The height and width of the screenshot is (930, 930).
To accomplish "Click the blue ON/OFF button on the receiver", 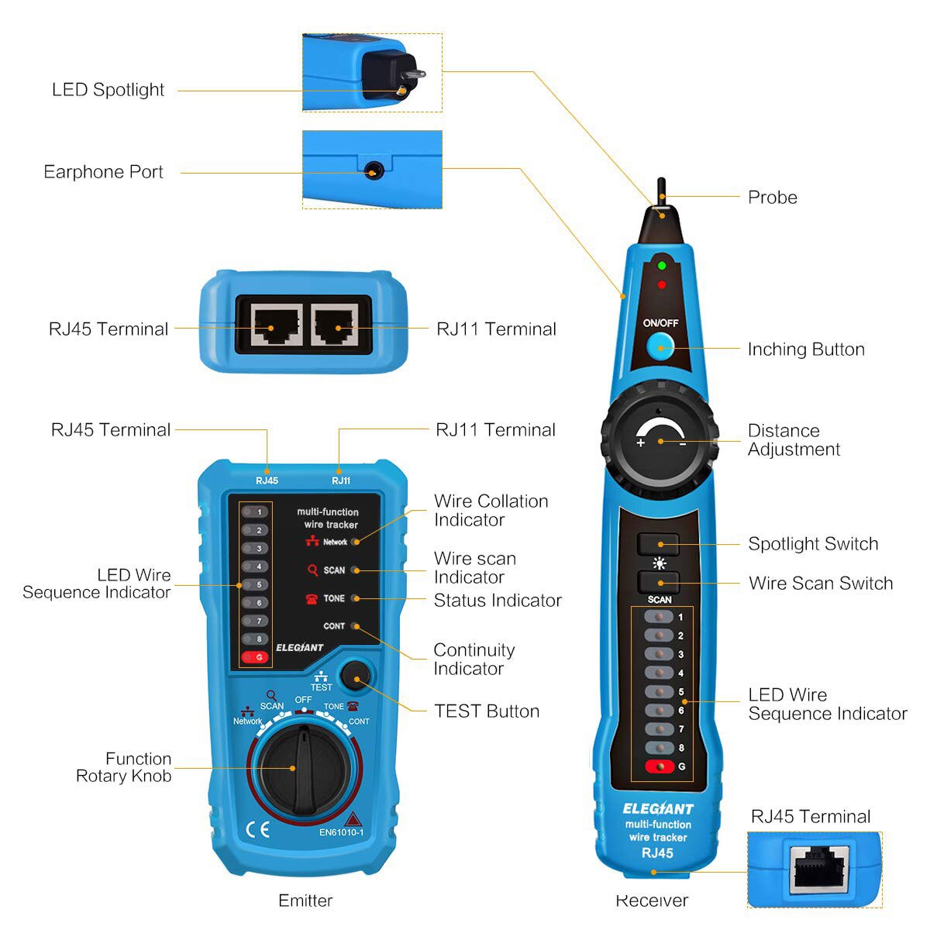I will pyautogui.click(x=660, y=348).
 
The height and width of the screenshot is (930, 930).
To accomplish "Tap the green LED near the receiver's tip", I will pyautogui.click(x=661, y=266).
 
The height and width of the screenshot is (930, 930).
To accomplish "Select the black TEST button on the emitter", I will pyautogui.click(x=356, y=680).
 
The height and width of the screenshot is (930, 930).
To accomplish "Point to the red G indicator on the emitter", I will pyautogui.click(x=256, y=657).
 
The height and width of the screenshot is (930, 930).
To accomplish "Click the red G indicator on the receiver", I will pyautogui.click(x=660, y=766).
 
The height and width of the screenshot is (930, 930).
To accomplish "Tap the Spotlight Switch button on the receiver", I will pyautogui.click(x=658, y=544).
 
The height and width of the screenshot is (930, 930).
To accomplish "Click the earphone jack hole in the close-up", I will pyautogui.click(x=374, y=170).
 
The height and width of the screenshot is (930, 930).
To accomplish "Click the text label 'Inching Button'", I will pyautogui.click(x=806, y=350).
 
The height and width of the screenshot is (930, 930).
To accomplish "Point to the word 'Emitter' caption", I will pyautogui.click(x=305, y=901).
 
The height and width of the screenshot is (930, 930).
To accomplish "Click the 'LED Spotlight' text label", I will pyautogui.click(x=108, y=90).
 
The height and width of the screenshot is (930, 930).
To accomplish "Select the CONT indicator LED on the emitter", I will pyautogui.click(x=355, y=626).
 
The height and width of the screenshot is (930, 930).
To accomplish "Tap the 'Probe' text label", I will pyautogui.click(x=772, y=198).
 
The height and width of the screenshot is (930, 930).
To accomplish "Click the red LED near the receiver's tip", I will pyautogui.click(x=661, y=285).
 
